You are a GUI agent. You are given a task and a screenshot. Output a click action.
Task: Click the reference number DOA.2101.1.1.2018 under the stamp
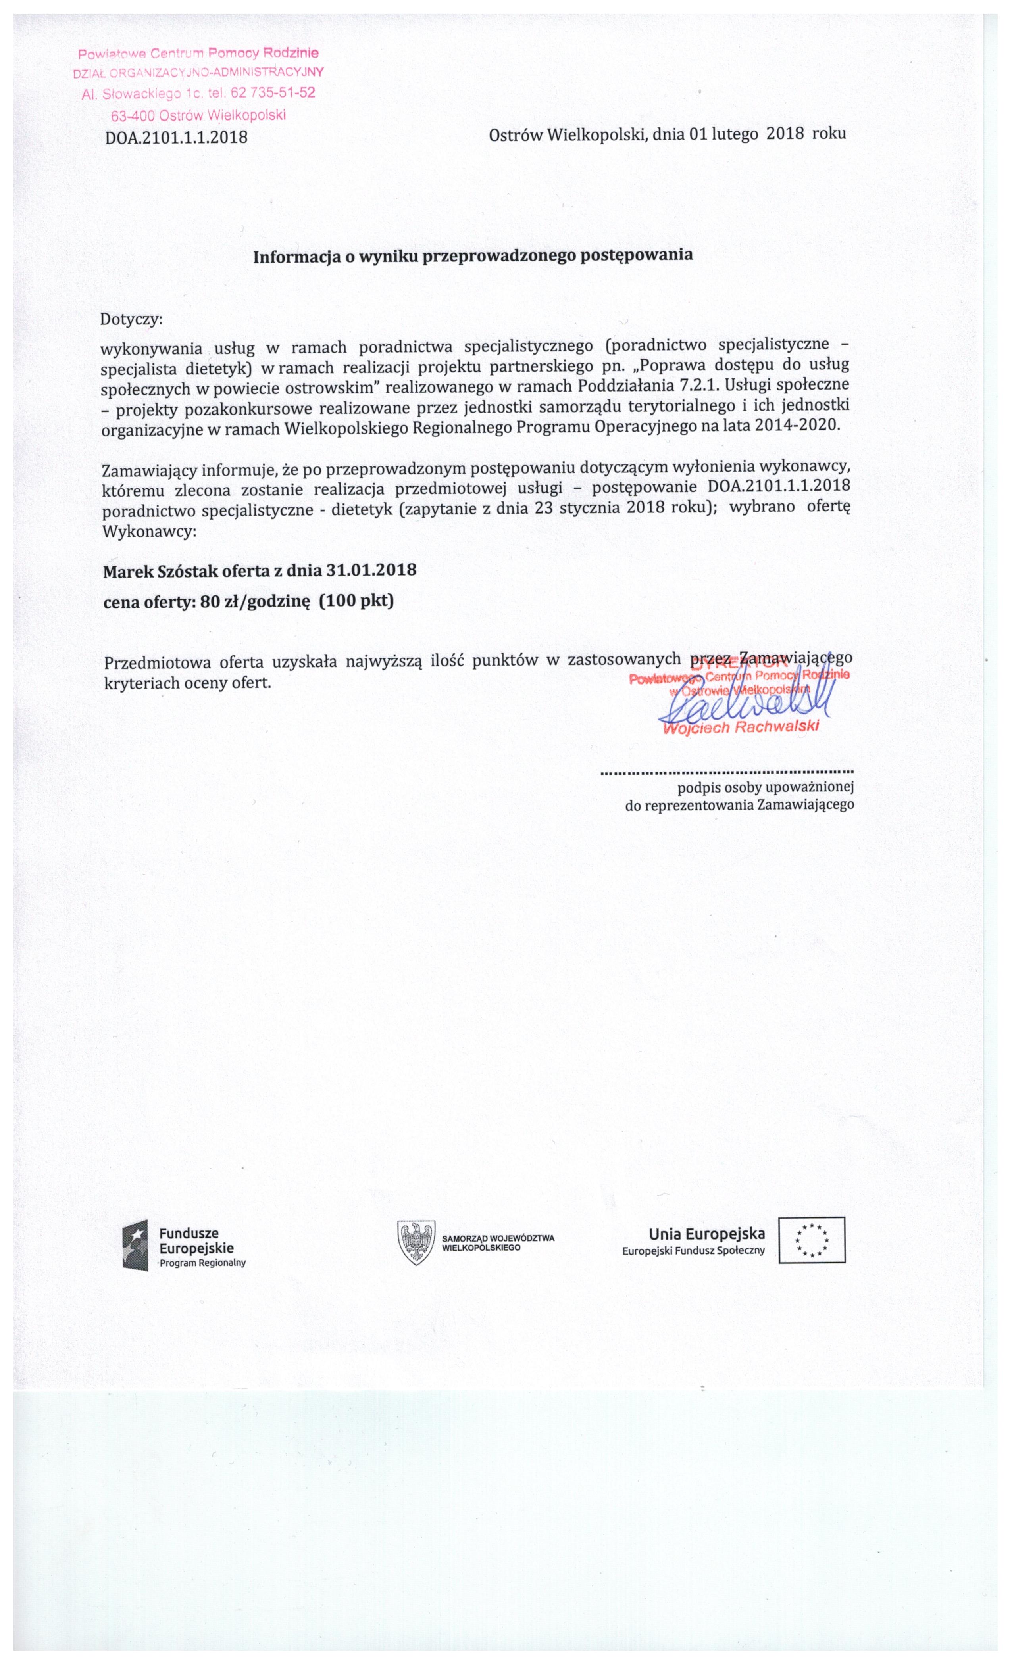pos(177,138)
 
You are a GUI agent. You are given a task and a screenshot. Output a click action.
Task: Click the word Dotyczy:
pos(131,319)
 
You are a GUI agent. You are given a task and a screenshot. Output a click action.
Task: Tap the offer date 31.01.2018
pos(371,570)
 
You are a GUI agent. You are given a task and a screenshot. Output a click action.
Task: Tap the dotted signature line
pos(727,771)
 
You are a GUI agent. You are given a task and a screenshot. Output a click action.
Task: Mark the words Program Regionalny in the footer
pos(203,1262)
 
